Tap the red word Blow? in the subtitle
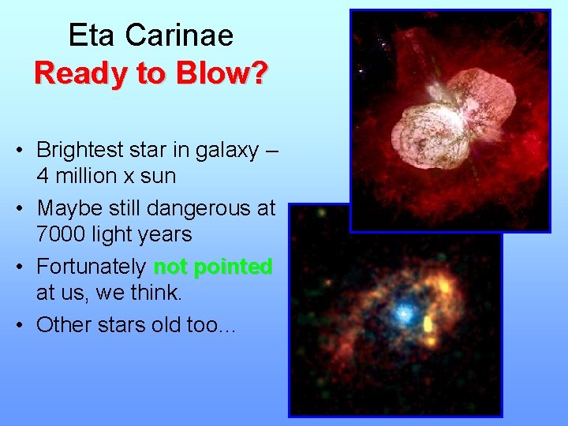coord(225,73)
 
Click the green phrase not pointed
coord(213,267)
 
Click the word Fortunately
coord(91,267)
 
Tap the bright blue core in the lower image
coord(403,314)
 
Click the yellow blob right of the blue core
coord(428,324)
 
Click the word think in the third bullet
coord(153,293)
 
